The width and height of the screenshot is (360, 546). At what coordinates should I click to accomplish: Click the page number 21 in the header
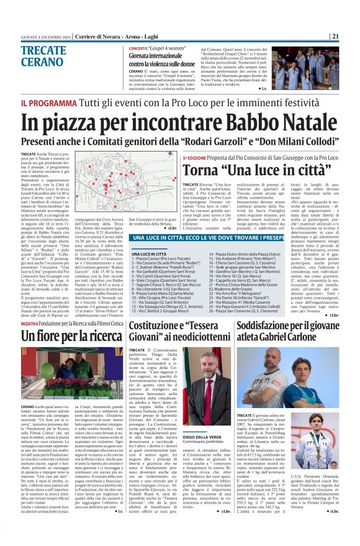click(x=352, y=36)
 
